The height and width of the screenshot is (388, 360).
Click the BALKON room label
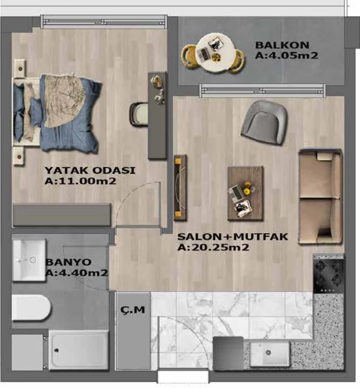tap(282, 45)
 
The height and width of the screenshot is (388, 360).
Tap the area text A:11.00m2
tap(80, 181)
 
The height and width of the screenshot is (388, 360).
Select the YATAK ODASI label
tap(90, 170)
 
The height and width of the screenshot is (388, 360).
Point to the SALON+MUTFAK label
tap(233, 237)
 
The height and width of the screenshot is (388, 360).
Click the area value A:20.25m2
tap(213, 247)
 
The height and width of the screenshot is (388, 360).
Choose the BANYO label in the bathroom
tap(68, 262)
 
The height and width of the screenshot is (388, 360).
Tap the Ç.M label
tap(133, 309)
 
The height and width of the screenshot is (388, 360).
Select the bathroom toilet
tap(31, 308)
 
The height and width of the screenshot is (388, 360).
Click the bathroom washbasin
tap(29, 260)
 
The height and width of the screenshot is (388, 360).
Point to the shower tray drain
tap(57, 350)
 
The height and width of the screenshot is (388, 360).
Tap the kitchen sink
tap(269, 353)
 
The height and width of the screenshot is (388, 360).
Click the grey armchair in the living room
tap(264, 122)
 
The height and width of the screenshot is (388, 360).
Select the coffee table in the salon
tap(245, 193)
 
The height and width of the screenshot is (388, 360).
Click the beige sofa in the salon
tap(320, 197)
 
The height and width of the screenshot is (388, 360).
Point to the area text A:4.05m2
tap(286, 55)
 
